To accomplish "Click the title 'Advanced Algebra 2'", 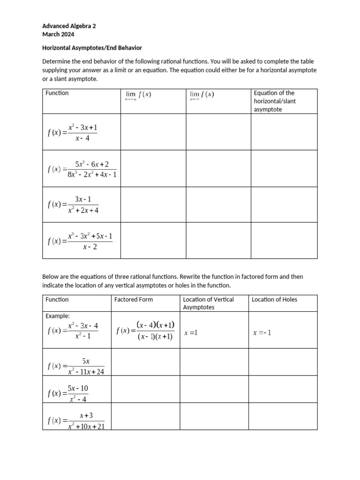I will (69, 26).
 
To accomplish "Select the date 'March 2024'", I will (58, 34).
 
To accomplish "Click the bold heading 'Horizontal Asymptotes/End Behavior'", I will (92, 48).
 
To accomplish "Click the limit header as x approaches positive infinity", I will (202, 95).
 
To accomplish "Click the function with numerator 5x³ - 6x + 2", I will (82, 169).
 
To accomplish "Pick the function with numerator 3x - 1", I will (74, 204).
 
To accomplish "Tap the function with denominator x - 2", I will (80, 241).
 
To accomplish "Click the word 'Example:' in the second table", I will (58, 316).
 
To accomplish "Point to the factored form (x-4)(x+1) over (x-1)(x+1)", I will (146, 330).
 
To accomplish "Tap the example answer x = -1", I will (262, 333).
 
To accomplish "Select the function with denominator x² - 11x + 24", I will (76, 366).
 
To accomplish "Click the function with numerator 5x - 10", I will (69, 393).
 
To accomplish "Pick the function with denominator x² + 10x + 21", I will (76, 420).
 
